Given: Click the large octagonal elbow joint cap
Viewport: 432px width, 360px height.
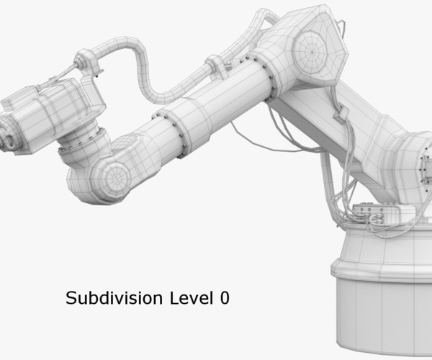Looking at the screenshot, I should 310,49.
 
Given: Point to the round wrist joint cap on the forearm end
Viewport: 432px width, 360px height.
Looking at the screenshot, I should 111,175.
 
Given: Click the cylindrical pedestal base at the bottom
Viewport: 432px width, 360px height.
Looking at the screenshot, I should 382,310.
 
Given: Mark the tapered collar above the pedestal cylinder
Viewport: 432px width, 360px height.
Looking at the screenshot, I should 382,248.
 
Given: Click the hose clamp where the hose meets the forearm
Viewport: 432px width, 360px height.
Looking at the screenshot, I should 214,67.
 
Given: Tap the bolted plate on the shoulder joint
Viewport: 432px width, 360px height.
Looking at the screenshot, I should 421,162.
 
